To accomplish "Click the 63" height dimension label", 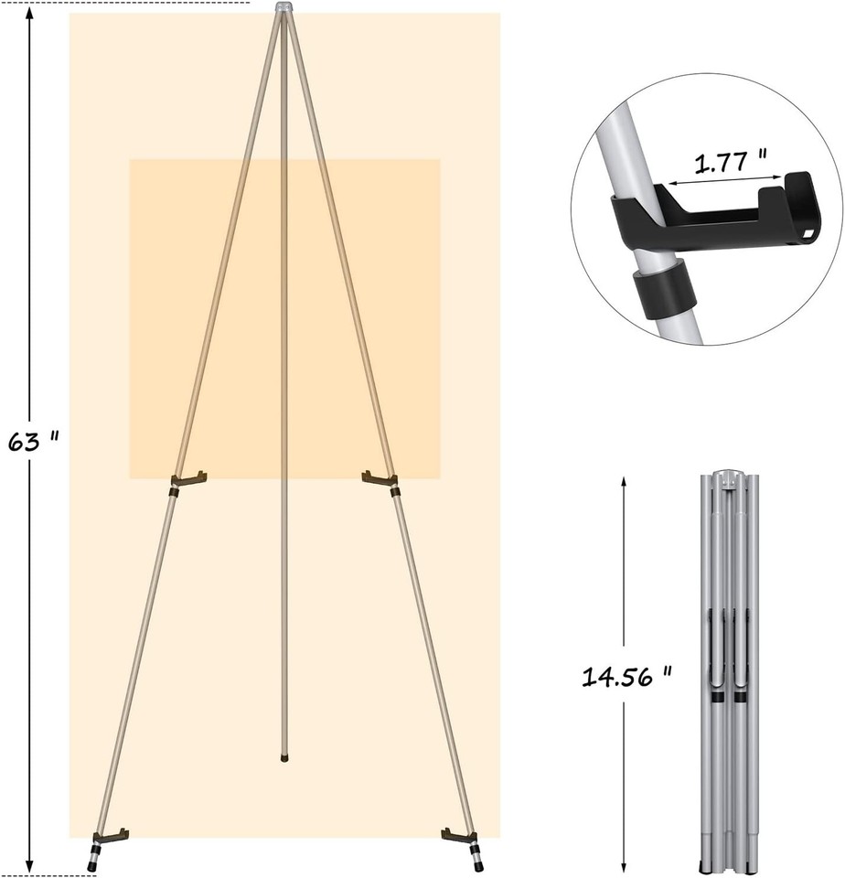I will tap(33, 442).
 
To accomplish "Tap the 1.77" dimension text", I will tap(730, 164).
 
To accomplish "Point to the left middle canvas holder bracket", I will tap(189, 478).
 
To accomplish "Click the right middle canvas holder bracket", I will tap(379, 478).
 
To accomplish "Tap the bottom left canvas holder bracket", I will tap(110, 835).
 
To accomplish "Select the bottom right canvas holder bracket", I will tap(458, 834).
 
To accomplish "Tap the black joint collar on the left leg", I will tap(172, 493).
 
